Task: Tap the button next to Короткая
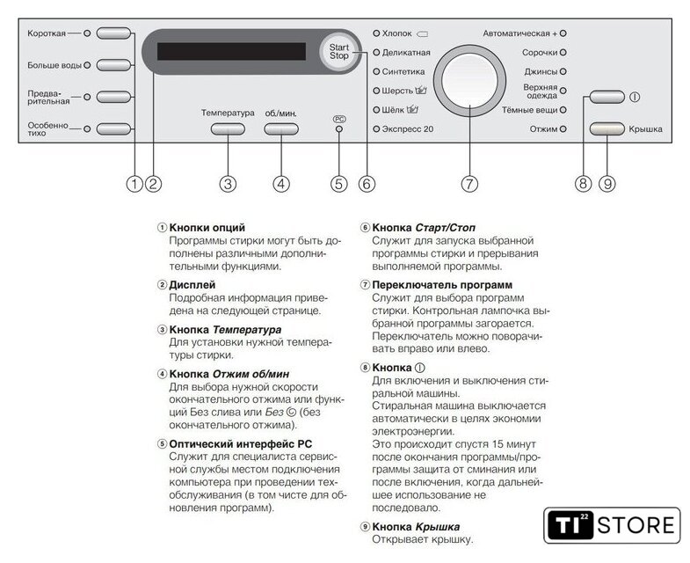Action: (x=113, y=33)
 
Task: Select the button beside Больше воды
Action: (x=113, y=64)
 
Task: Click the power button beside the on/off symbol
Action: (x=606, y=97)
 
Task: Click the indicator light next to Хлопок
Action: (x=376, y=33)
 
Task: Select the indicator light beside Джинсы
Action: (x=563, y=71)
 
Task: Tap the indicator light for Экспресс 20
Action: (x=376, y=129)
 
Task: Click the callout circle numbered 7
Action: (x=469, y=184)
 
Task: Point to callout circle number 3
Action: (x=228, y=184)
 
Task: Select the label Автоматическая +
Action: (x=519, y=33)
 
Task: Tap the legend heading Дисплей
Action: (x=192, y=286)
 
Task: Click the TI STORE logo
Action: (x=612, y=526)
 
